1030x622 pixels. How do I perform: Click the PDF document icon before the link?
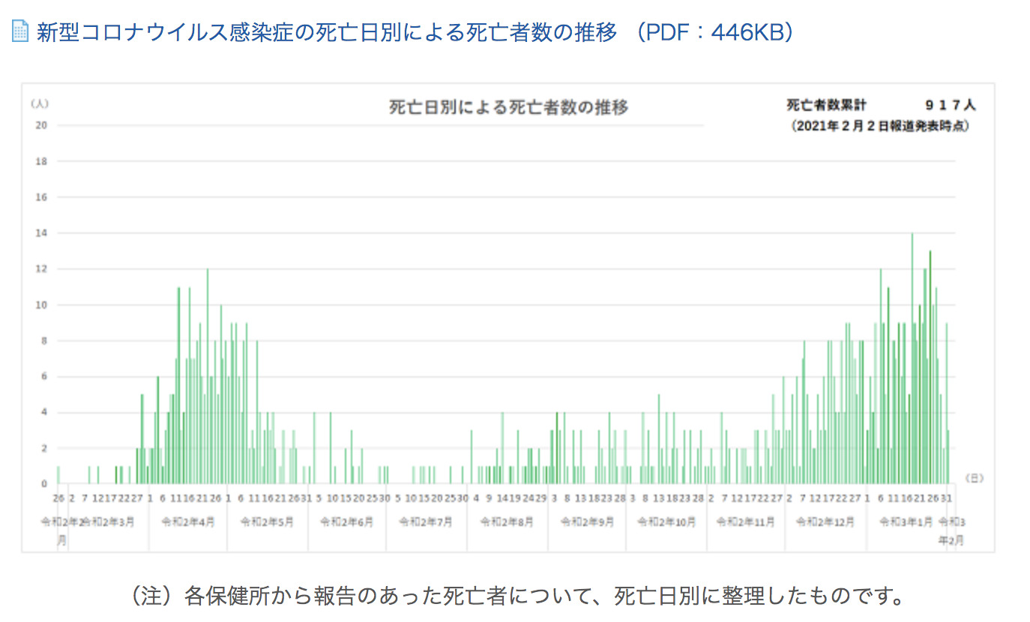coord(20,31)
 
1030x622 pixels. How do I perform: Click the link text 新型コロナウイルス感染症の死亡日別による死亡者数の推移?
coord(327,32)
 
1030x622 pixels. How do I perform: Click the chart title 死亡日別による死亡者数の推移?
coord(508,107)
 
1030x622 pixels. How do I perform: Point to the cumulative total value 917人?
coord(950,106)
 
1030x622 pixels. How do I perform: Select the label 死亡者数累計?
coord(826,106)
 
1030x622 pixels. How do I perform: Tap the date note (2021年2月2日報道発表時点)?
coord(881,127)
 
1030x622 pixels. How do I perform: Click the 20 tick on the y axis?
coord(41,125)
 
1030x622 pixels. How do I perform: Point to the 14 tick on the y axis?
coord(41,233)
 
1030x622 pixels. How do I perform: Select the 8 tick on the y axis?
coord(43,340)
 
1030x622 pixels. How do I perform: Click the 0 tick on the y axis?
coord(43,483)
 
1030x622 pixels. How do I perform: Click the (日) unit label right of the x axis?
coord(973,477)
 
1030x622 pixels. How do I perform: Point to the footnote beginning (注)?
coord(516,597)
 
